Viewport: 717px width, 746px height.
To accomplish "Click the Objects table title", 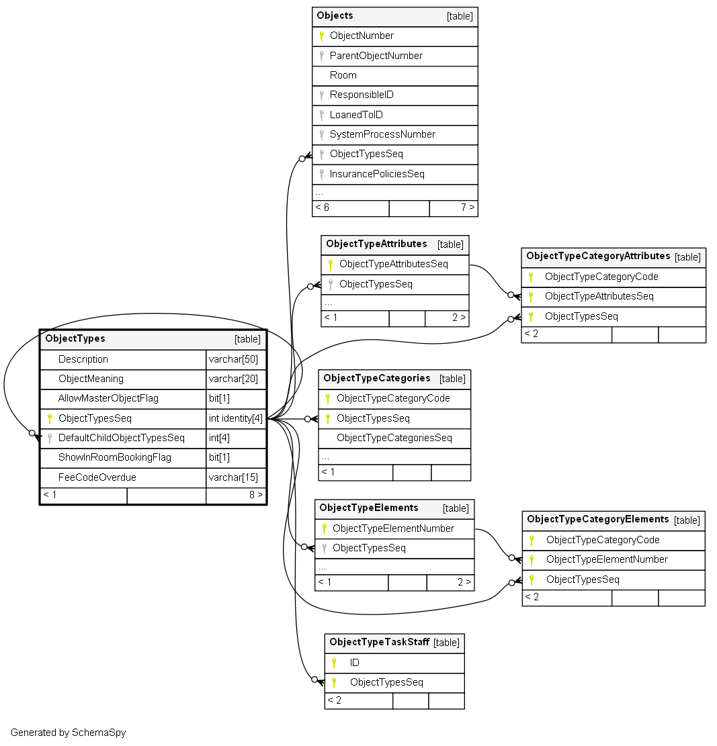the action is coord(335,15).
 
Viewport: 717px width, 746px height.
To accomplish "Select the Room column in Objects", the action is coord(343,75).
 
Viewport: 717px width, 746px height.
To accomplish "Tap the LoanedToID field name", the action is coord(356,115).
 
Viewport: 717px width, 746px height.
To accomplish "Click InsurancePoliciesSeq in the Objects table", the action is coord(376,174).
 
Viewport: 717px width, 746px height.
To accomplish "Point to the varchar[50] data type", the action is coord(233,359).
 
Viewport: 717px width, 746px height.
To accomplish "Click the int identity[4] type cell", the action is coord(236,418).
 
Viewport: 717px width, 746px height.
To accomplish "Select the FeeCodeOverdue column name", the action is coord(97,477).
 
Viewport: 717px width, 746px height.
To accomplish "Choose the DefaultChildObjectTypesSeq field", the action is coord(122,438).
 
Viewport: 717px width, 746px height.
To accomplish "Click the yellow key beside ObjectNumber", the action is coord(321,36).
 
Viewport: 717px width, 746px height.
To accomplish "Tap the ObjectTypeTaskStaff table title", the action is coord(380,642).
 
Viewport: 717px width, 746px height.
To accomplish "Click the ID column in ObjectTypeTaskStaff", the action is coord(354,663).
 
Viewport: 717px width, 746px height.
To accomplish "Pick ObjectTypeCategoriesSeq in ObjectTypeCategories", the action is coord(394,438).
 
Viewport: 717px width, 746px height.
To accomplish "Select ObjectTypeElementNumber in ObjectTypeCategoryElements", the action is coord(607,559).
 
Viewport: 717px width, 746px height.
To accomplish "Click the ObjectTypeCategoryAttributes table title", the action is coord(598,256).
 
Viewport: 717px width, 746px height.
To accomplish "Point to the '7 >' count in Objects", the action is coord(468,207).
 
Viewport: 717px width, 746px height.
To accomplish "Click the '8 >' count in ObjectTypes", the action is coord(256,495).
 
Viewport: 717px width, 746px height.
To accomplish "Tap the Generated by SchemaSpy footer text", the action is coord(68,733).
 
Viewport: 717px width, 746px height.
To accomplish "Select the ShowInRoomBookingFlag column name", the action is coord(115,457).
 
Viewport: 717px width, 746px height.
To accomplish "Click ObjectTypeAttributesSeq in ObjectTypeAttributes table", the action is coord(394,264).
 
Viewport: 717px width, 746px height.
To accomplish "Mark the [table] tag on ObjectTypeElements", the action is coord(456,508).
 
